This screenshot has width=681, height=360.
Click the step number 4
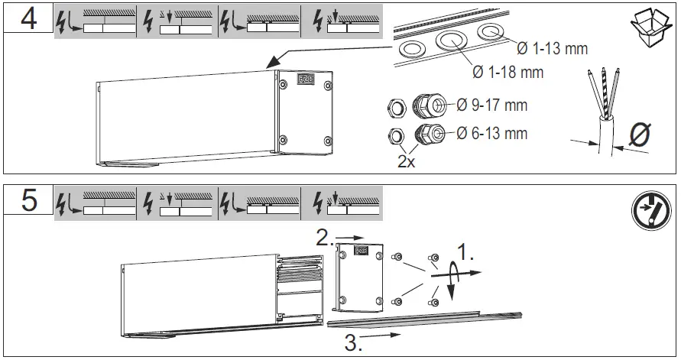coord(28,19)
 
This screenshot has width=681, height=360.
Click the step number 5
coord(28,202)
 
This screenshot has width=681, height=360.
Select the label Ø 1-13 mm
coord(552,49)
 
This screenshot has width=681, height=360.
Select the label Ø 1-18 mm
coord(507,73)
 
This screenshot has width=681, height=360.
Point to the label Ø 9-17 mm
coord(491,105)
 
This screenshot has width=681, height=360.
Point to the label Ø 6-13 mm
coord(491,134)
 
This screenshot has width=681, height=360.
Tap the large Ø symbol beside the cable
coord(638,135)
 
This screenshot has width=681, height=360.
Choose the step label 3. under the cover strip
coord(353,343)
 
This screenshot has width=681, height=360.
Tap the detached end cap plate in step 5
coord(357,274)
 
